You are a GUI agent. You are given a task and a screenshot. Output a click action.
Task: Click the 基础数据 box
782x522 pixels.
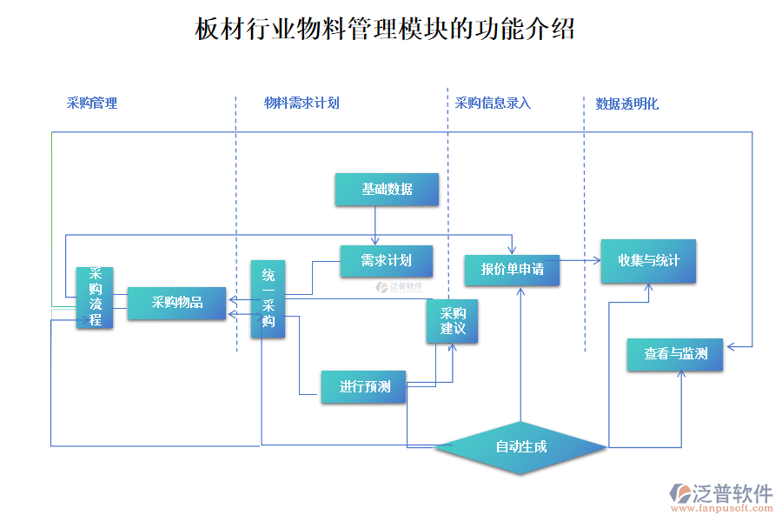click(x=387, y=190)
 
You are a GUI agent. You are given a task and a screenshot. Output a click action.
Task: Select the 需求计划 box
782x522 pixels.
click(x=386, y=260)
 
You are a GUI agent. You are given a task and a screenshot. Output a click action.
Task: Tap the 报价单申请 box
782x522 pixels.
click(x=512, y=270)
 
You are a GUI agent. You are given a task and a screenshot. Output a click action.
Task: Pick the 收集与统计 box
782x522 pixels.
click(x=647, y=261)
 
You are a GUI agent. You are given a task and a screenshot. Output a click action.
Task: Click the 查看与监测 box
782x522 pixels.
click(x=675, y=354)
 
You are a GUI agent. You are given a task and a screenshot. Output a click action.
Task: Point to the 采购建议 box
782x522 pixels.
click(x=452, y=321)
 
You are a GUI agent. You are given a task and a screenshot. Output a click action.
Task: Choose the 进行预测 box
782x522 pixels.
click(x=364, y=386)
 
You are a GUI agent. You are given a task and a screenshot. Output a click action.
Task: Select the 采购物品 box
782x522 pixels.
click(x=176, y=303)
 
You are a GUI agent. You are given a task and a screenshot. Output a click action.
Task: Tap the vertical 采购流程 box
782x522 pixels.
click(x=95, y=297)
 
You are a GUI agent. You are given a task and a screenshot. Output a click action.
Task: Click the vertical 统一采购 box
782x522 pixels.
click(x=268, y=299)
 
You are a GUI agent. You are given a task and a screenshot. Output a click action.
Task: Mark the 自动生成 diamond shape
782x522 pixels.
click(x=520, y=447)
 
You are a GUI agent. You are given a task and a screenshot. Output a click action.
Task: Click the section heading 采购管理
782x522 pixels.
click(x=92, y=103)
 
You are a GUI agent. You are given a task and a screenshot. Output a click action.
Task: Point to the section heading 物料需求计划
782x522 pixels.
click(x=302, y=103)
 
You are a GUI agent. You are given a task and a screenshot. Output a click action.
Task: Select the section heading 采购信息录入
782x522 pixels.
click(x=493, y=103)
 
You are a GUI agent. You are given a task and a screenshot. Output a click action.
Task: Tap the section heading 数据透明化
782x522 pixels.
click(x=626, y=104)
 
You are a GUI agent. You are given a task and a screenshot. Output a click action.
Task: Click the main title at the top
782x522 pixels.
click(x=385, y=30)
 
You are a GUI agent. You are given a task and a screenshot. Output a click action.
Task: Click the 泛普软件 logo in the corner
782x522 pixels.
click(x=720, y=493)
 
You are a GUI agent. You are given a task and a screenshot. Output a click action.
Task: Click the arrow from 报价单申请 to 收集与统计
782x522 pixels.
click(x=580, y=259)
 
